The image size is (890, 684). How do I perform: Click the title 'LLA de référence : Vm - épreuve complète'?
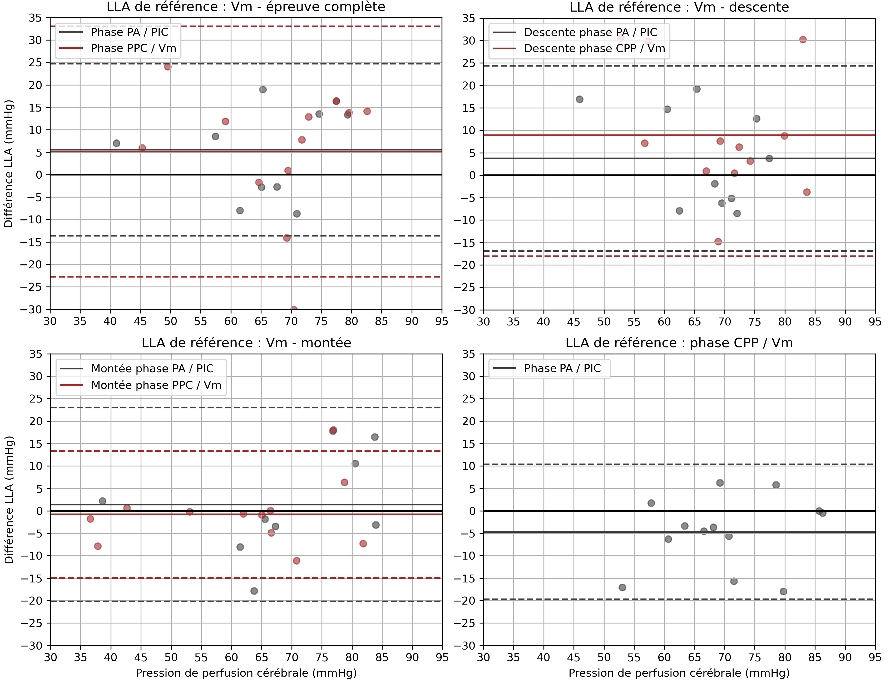(x=246, y=7)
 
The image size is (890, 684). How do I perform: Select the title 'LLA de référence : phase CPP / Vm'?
(x=679, y=343)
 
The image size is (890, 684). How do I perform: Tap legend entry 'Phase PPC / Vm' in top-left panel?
(x=133, y=48)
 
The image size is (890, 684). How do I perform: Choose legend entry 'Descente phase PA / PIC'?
(x=590, y=32)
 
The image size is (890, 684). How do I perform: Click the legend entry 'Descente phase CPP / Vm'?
(x=594, y=48)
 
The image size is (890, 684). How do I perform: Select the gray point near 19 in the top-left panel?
(x=263, y=89)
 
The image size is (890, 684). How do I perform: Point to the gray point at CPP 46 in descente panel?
(x=580, y=99)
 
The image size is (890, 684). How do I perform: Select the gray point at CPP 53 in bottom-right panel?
(x=622, y=587)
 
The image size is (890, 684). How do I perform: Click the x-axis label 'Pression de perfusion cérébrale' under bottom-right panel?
(x=679, y=673)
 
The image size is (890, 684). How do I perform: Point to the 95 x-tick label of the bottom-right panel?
(x=874, y=657)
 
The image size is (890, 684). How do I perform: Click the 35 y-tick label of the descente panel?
(x=469, y=18)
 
